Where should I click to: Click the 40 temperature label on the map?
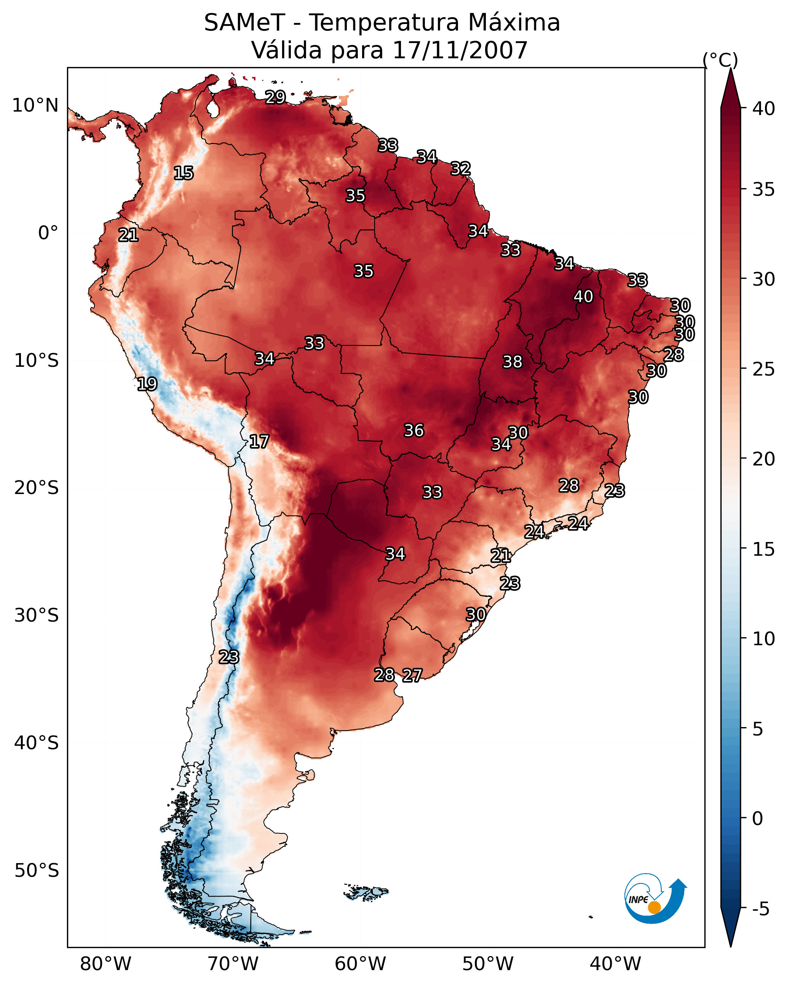[583, 296]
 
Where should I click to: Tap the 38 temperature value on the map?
[512, 362]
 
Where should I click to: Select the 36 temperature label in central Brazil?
[414, 430]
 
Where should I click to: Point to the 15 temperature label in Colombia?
[184, 173]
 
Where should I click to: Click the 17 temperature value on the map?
[259, 442]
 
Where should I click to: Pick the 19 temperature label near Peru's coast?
[147, 384]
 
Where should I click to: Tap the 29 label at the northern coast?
[275, 97]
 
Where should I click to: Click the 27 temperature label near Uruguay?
[412, 676]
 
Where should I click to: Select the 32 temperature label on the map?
[460, 169]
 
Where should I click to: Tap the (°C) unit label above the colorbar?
[720, 60]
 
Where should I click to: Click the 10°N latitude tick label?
[35, 106]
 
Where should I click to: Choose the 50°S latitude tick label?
[37, 871]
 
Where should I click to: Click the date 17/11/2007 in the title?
[460, 50]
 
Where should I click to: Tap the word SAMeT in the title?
[245, 23]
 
